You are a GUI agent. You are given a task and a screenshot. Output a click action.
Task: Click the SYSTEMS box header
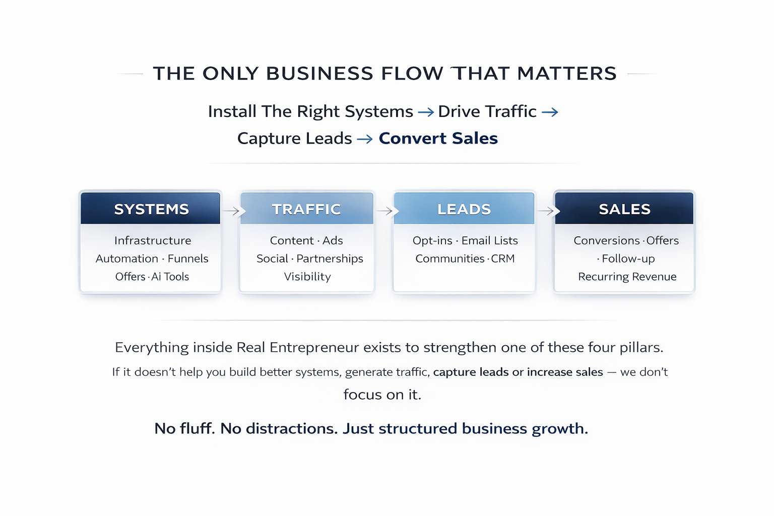[151, 209]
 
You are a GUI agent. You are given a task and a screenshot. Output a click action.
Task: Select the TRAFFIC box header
[306, 209]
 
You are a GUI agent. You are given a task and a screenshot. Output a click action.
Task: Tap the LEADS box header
[464, 209]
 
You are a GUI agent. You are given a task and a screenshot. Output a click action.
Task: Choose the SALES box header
[624, 209]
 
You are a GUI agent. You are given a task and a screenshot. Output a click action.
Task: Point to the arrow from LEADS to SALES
[546, 211]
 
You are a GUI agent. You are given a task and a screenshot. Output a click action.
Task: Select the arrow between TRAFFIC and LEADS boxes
[384, 211]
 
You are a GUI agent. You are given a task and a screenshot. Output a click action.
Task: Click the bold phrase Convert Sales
[438, 138]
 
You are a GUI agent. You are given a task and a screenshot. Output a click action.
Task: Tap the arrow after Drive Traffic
[550, 112]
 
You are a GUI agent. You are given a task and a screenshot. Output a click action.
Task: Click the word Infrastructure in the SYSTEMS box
[153, 240]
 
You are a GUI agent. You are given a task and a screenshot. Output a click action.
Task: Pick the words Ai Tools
[170, 277]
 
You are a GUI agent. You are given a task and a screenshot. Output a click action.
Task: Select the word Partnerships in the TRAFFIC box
[330, 259]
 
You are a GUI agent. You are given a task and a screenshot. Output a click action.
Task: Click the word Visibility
[307, 277]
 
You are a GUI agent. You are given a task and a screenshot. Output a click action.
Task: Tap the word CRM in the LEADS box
[503, 259]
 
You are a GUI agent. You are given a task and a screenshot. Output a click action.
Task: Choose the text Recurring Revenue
[627, 277]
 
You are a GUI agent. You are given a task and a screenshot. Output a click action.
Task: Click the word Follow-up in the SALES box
[628, 259]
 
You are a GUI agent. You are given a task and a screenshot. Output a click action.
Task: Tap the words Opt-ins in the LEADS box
[432, 240]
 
